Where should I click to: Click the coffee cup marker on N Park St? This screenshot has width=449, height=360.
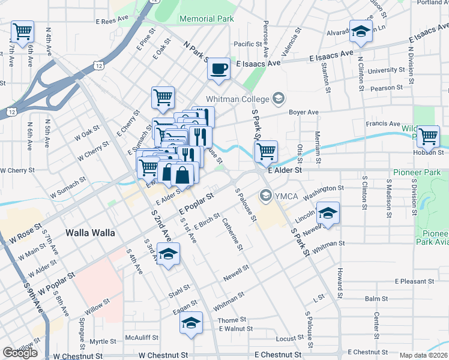click(219, 68)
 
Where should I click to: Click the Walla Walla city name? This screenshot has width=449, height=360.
click(89, 232)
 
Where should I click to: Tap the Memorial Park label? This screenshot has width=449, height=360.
click(206, 19)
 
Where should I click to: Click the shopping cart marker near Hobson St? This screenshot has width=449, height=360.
click(428, 136)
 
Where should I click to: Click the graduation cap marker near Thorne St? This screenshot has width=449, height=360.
click(191, 323)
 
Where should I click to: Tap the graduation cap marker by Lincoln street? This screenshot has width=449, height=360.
click(328, 214)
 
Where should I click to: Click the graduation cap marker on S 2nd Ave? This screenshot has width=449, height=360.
click(169, 254)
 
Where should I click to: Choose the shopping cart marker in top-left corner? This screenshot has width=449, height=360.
click(22, 31)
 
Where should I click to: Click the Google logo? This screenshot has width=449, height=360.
click(20, 353)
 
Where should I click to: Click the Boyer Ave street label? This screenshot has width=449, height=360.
click(304, 112)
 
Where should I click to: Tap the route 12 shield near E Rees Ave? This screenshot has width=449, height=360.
click(97, 64)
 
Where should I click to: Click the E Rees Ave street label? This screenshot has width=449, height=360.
click(112, 20)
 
